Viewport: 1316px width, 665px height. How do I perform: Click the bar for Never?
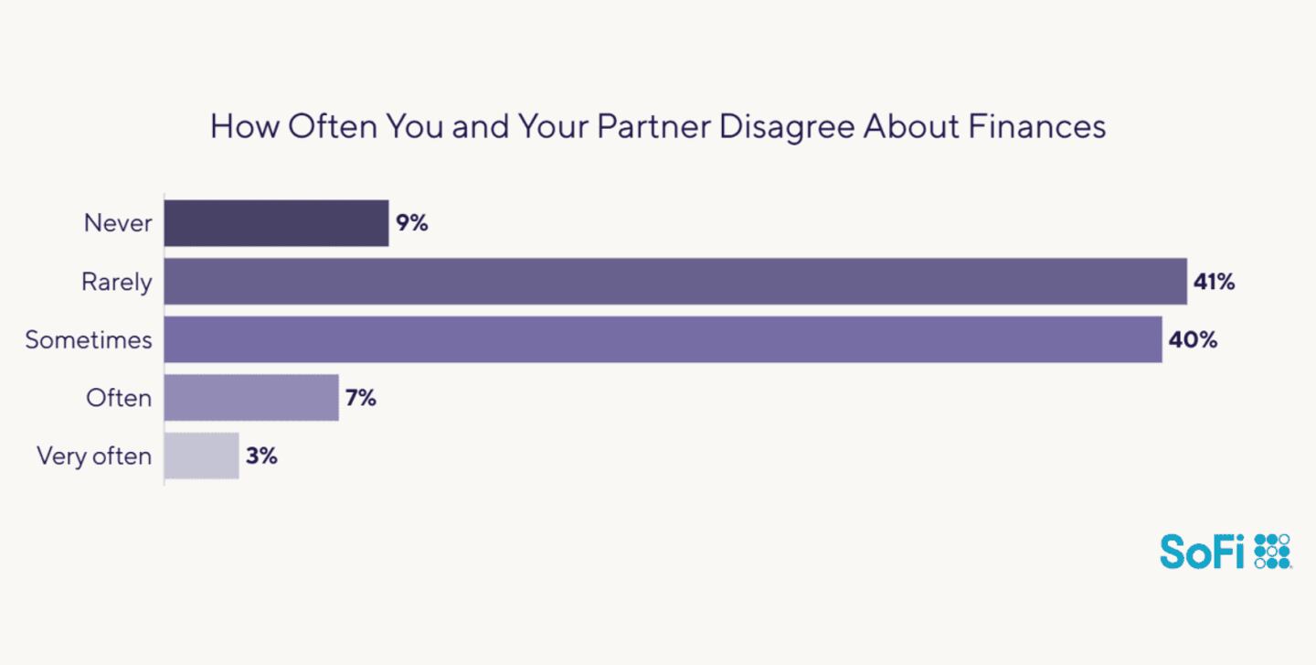pyautogui.click(x=276, y=223)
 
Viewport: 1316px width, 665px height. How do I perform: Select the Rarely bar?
pyautogui.click(x=675, y=282)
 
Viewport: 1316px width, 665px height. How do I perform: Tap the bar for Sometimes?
pyautogui.click(x=663, y=339)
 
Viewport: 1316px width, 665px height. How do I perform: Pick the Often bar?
pyautogui.click(x=251, y=398)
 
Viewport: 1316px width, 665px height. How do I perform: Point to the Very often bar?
pyautogui.click(x=202, y=456)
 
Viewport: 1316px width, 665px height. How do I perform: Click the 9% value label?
pyautogui.click(x=412, y=223)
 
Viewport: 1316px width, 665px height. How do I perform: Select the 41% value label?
pyautogui.click(x=1215, y=282)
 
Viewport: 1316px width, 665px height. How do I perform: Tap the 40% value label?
pyautogui.click(x=1193, y=339)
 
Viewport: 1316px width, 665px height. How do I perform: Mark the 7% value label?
pyautogui.click(x=361, y=398)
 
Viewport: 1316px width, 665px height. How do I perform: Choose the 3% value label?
pyautogui.click(x=261, y=456)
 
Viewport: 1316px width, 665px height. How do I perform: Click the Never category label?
pyautogui.click(x=118, y=223)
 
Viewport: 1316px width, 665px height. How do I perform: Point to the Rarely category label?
pyautogui.click(x=117, y=283)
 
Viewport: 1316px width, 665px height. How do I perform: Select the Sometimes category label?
pyautogui.click(x=89, y=340)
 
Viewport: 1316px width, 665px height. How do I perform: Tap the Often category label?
pyautogui.click(x=119, y=398)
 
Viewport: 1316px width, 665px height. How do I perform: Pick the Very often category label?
pyautogui.click(x=94, y=456)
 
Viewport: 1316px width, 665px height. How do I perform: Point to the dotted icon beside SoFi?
pyautogui.click(x=1272, y=552)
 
